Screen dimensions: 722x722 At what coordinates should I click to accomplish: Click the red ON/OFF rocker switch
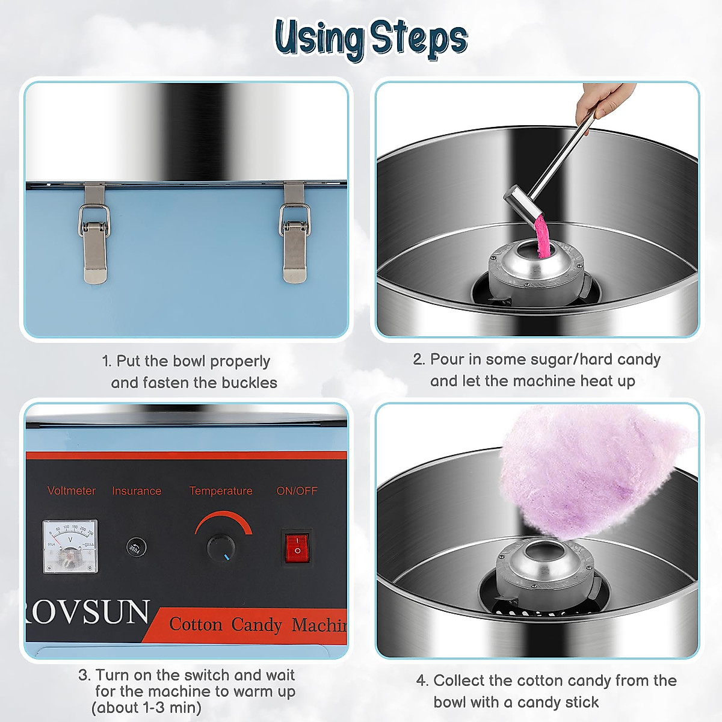pos(297,547)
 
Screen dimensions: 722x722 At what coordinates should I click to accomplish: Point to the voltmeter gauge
pos(70,546)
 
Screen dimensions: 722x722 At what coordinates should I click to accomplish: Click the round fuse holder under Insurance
pos(136,547)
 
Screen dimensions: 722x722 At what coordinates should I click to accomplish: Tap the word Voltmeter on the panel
pos(72,491)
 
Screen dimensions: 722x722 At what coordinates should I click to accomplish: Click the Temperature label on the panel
pos(221,491)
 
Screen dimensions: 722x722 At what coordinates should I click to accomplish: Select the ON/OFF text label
pos(297,491)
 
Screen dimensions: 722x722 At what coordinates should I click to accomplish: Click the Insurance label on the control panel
pos(137,491)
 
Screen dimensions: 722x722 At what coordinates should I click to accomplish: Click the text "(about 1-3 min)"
pos(146,708)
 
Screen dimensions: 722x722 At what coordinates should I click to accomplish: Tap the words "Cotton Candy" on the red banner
pos(226,625)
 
